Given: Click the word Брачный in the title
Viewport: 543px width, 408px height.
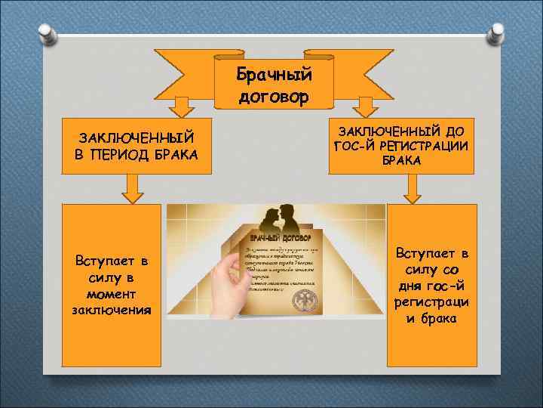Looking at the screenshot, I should (274, 74).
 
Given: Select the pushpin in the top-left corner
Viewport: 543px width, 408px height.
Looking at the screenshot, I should (48, 32).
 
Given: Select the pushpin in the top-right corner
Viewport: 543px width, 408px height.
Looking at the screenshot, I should (495, 32).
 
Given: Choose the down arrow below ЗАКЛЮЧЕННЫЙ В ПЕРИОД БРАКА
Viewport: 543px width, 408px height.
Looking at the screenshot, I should (133, 189).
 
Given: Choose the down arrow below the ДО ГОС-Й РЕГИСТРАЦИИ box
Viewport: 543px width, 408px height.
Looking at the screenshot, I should (412, 189).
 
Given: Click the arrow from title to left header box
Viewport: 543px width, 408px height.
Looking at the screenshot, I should (180, 107).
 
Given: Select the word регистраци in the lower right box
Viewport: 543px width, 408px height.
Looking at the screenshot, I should (431, 301).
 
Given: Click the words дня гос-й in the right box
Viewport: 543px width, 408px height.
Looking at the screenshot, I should (431, 286).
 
